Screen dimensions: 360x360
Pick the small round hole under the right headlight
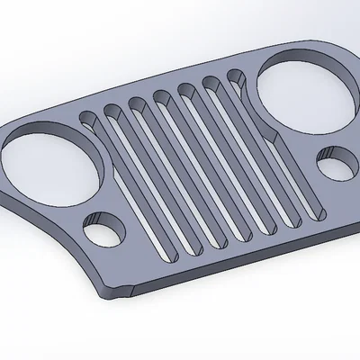click(x=336, y=166)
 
